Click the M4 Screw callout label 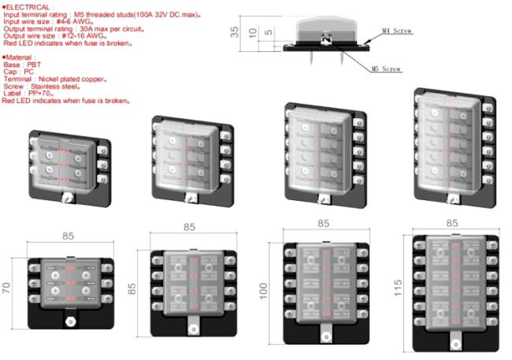coord(397,31)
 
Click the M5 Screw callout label coord(386,69)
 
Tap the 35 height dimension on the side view coord(234,32)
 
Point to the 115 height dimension coord(398,288)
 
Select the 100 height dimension coord(263,291)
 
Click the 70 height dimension coord(6,288)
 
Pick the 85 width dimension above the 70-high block coord(68,236)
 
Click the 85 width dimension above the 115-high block coord(452,223)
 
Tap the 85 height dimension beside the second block coord(132,289)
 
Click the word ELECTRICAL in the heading coord(28,7)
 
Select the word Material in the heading coord(19,58)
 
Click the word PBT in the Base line coord(34,65)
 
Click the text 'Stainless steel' coord(54,87)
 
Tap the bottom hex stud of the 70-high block coord(71,321)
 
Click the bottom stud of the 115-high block coord(455,343)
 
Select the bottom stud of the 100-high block coord(325,336)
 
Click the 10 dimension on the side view coord(252,32)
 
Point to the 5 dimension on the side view coord(269,32)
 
